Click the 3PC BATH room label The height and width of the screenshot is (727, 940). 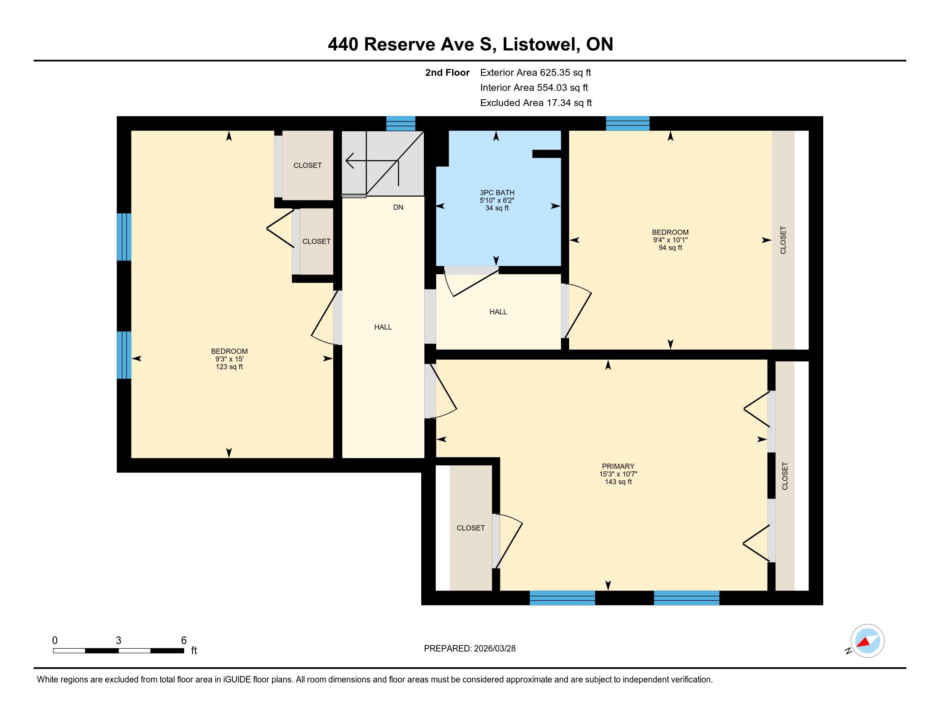[x=497, y=192]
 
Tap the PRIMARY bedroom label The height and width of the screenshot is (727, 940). [x=618, y=466]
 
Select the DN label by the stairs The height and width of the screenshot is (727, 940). [x=398, y=207]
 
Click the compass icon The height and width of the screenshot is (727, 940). [x=867, y=641]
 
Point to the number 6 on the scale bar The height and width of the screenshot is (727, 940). [x=184, y=640]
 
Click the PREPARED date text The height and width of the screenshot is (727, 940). [x=470, y=648]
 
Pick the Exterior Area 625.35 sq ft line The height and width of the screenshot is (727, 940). [x=535, y=72]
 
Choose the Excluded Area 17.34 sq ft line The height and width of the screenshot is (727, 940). [x=536, y=103]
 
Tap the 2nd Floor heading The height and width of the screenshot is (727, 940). [x=447, y=72]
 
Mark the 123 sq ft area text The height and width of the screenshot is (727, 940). [x=229, y=367]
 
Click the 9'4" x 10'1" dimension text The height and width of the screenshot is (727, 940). [x=670, y=240]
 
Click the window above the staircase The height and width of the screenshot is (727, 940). [x=401, y=124]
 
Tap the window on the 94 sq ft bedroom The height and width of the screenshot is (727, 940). [x=628, y=124]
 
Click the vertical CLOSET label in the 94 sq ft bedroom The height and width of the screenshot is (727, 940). [x=783, y=240]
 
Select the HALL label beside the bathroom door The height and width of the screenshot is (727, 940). [x=498, y=312]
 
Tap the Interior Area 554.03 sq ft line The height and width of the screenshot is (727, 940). [x=534, y=87]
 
